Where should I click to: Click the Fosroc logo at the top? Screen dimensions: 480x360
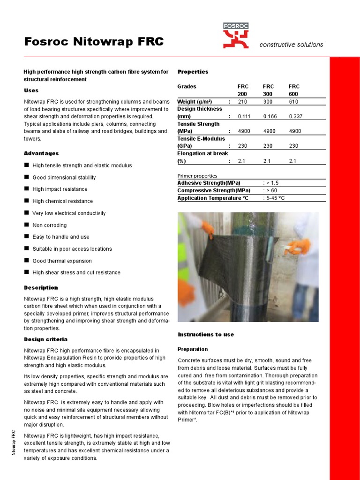point(236,36)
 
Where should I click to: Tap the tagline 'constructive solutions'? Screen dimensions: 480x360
point(291,45)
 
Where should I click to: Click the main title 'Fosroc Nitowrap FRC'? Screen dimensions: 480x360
point(94,42)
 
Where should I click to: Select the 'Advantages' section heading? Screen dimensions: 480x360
point(41,153)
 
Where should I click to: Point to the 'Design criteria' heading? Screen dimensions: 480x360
point(45,339)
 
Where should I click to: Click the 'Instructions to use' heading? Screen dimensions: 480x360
point(206,334)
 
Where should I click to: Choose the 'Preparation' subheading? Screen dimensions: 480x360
point(193,349)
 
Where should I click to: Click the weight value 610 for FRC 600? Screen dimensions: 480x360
point(293,102)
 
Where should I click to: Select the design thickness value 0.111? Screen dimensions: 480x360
point(244,116)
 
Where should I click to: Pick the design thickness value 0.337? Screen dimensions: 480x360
point(295,116)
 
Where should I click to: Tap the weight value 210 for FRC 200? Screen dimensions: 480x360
point(242,102)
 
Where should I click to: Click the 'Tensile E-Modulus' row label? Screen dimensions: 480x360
point(201,139)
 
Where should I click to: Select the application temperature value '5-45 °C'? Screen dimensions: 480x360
point(275,198)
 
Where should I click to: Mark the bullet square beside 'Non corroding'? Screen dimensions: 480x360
point(26,225)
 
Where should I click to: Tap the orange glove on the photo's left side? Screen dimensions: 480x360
point(208,229)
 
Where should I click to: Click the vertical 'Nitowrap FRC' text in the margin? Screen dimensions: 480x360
point(14,442)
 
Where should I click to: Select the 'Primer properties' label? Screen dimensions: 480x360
point(197,176)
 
